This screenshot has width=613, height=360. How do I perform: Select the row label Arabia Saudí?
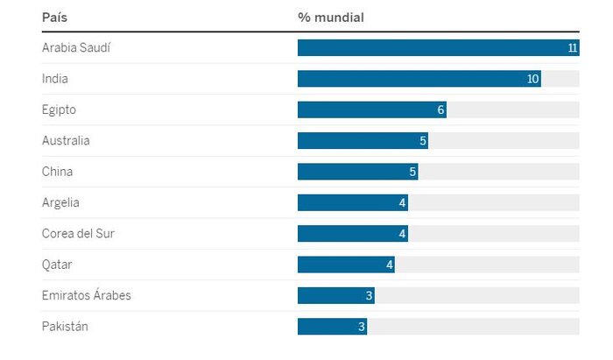point(76,47)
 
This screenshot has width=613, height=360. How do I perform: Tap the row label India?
point(54,79)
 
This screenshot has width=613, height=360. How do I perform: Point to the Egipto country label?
point(59,109)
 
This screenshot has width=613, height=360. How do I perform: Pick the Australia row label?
point(66,140)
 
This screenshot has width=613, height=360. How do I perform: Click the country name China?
point(57,172)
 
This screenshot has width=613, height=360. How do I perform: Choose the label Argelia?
point(60,202)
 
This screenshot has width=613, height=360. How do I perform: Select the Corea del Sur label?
point(78,234)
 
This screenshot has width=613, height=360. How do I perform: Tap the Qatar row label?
point(57,265)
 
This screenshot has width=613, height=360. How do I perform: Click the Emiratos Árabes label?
point(86,295)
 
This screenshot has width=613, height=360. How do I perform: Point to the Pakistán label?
point(65,327)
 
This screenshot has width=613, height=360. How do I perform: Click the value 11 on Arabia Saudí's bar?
point(573,48)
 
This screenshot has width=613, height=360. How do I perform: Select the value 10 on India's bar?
point(532,79)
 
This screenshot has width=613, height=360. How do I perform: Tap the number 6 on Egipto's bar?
point(440,110)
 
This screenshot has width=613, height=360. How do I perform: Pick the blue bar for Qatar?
point(345,265)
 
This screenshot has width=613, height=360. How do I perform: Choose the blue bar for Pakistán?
point(331,327)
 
